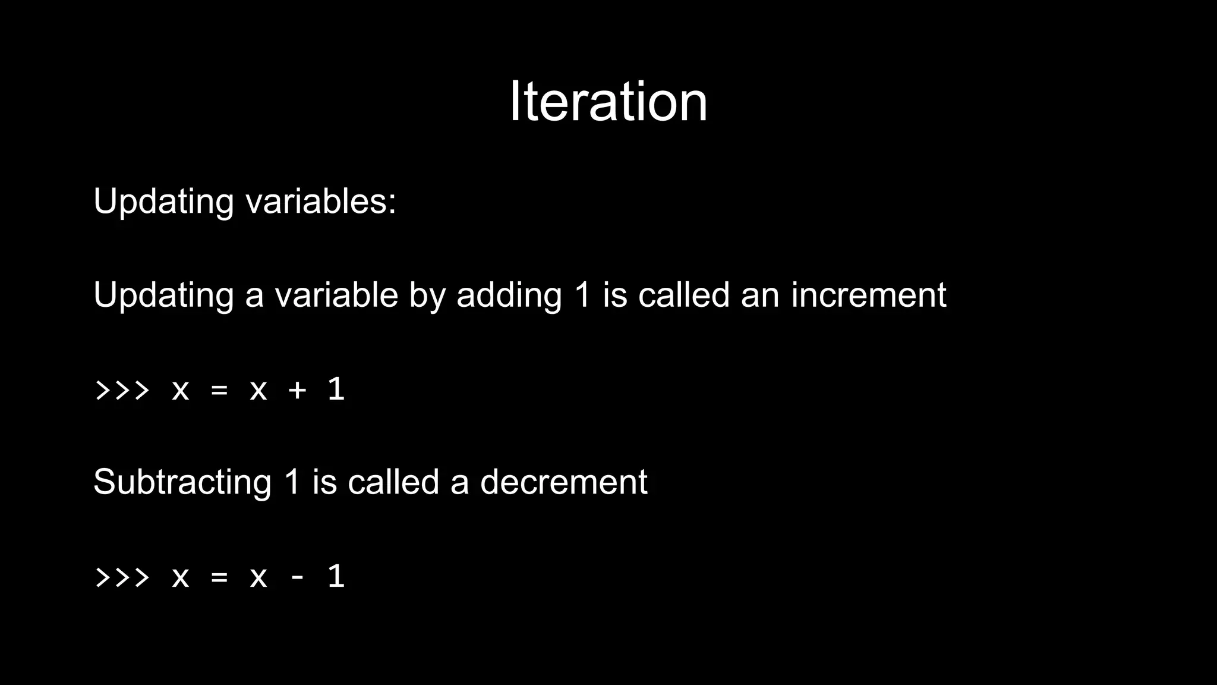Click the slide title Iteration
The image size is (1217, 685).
(608, 102)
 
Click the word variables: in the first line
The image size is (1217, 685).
(321, 201)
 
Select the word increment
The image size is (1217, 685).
(868, 295)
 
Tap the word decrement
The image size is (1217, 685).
(563, 482)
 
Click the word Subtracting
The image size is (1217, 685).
(182, 482)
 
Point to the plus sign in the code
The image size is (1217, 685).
(297, 390)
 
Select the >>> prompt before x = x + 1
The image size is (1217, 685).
(122, 390)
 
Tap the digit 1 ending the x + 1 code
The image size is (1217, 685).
(336, 389)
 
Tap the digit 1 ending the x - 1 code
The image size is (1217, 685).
(336, 576)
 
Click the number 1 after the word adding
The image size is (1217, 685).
(583, 295)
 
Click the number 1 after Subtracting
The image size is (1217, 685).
(292, 482)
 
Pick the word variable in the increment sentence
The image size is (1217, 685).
(336, 295)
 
